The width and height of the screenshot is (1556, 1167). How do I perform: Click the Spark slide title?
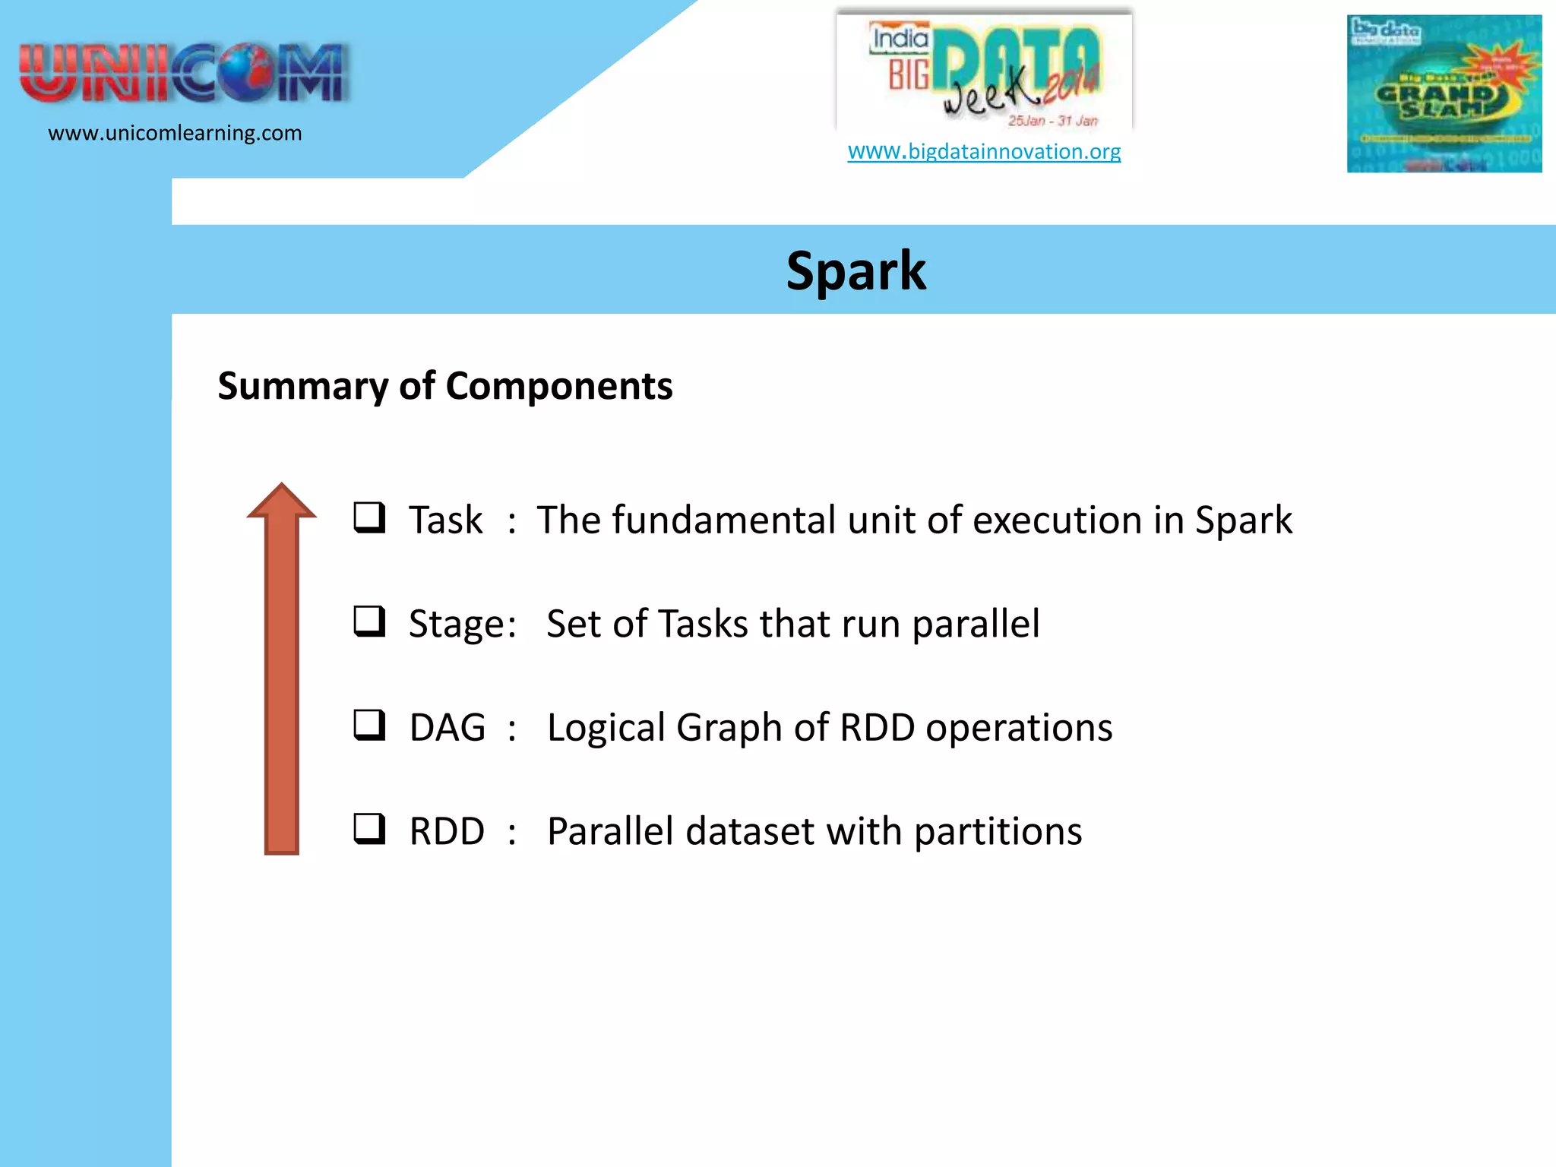(x=855, y=271)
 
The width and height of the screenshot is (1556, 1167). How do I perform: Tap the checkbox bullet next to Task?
(x=369, y=518)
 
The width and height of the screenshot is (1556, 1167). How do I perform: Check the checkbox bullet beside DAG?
(x=369, y=725)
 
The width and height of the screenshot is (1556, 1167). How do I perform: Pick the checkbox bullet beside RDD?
(x=369, y=829)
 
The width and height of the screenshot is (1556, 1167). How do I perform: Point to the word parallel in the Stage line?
(x=975, y=625)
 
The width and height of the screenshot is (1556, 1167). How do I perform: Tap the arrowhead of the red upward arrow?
(x=281, y=503)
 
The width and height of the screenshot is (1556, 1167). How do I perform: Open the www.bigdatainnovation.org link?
(x=984, y=151)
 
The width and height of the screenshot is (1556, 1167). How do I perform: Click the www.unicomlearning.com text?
(x=175, y=133)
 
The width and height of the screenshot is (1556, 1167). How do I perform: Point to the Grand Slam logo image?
(x=1444, y=93)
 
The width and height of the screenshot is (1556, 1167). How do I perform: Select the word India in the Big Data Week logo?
(x=900, y=39)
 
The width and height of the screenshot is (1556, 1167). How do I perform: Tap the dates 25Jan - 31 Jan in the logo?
(x=1052, y=121)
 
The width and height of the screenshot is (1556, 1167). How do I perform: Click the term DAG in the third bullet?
(x=447, y=728)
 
